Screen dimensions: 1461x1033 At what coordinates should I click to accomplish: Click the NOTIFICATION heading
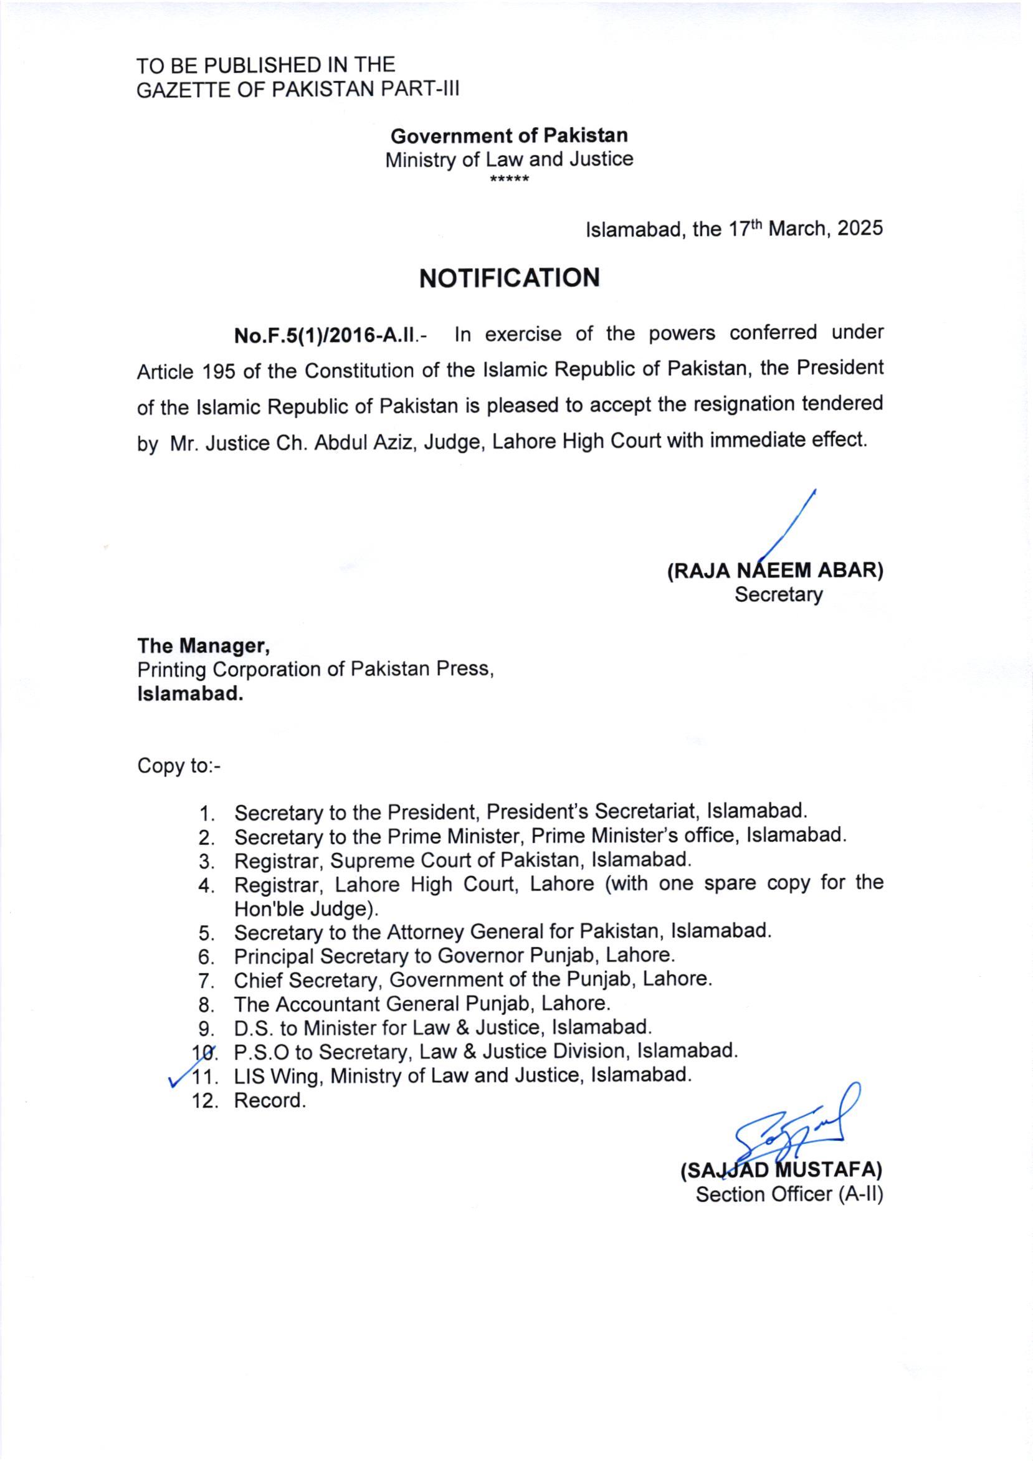509,278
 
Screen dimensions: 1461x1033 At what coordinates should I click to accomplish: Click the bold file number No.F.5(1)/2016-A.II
325,335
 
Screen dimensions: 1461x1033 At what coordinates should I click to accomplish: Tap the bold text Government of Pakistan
509,136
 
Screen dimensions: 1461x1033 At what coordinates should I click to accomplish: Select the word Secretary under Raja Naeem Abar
778,595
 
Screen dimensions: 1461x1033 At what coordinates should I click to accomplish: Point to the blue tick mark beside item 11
176,1077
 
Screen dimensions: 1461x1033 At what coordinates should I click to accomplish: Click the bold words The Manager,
204,646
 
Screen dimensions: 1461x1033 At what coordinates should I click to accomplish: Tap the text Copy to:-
179,766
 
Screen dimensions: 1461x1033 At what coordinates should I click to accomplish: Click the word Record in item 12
268,1100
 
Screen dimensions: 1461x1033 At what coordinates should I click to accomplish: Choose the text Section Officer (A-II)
789,1194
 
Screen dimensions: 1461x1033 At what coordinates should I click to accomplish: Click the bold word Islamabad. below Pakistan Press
190,693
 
